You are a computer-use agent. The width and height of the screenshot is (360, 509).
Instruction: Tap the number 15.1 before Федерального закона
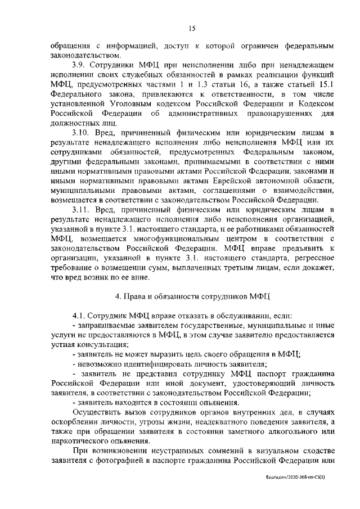point(325,84)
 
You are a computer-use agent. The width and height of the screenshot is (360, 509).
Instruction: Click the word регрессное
point(312,264)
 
